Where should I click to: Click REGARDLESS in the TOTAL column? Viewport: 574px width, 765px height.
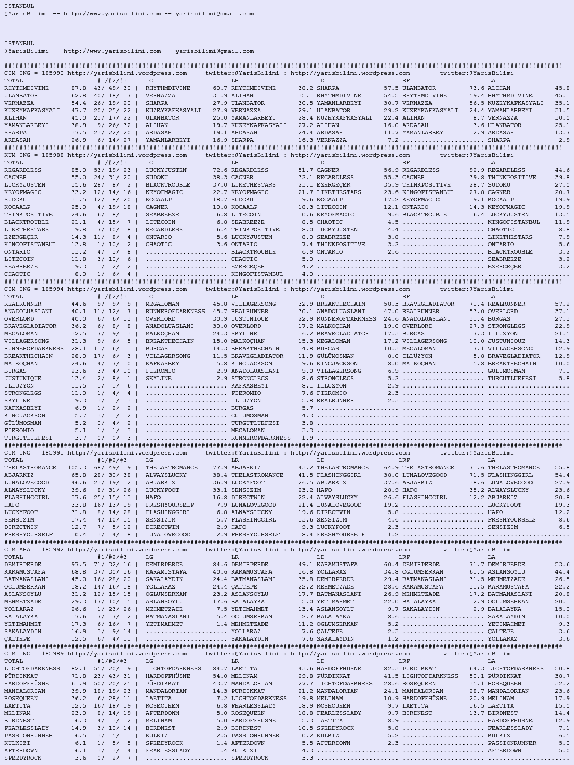pos(23,170)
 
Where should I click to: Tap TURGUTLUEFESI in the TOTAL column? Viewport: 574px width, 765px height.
pos(28,438)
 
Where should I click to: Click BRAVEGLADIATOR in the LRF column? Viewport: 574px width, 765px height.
pos(428,304)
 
